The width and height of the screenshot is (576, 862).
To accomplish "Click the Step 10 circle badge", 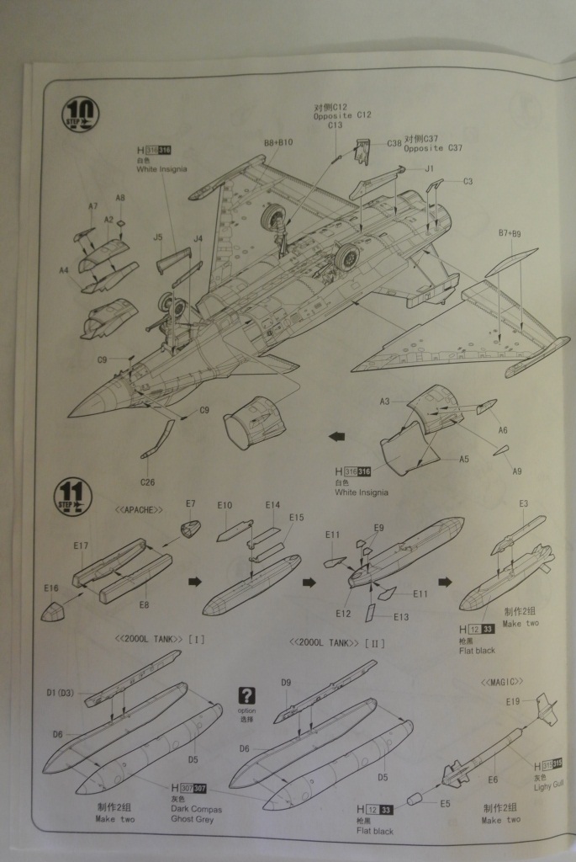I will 81,114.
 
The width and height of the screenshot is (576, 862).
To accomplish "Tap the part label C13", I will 335,125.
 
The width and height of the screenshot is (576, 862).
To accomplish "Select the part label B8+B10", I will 277,143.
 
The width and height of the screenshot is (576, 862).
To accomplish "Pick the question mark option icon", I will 246,695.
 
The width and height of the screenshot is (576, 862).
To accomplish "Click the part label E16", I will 51,588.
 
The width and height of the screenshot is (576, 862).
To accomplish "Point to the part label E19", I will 513,700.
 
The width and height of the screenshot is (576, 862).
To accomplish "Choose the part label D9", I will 286,683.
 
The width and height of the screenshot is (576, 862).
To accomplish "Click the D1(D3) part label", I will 61,692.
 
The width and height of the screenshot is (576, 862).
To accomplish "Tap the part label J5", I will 157,237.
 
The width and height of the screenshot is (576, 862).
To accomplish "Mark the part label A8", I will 120,198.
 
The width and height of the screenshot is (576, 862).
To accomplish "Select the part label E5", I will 444,803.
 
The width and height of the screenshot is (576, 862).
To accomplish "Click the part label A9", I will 517,471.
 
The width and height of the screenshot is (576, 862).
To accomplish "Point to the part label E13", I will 400,617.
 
